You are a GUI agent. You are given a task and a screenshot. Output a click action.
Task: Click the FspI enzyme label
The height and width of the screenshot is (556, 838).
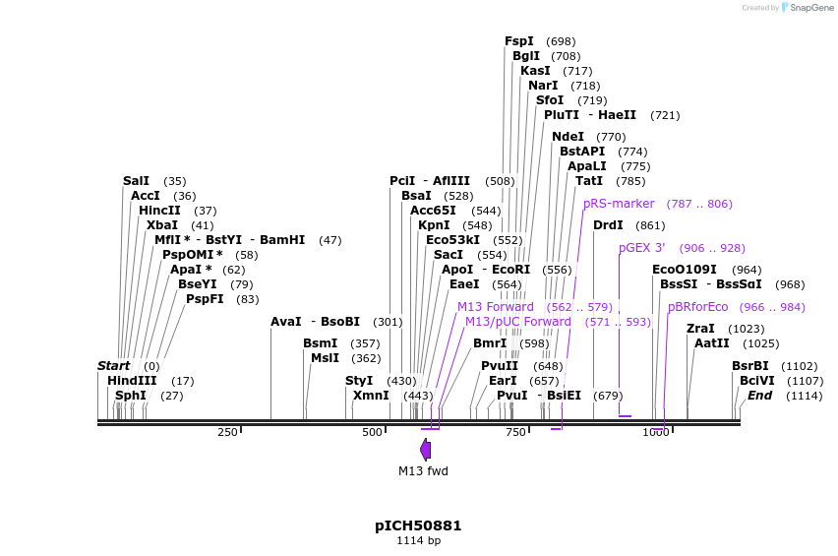(x=519, y=41)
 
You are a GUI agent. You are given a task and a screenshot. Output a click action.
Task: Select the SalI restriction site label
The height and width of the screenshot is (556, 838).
(x=136, y=181)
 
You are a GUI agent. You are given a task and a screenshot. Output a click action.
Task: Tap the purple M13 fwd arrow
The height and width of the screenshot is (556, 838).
(x=425, y=450)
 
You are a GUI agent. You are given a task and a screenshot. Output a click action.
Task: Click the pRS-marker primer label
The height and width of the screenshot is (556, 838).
(x=619, y=204)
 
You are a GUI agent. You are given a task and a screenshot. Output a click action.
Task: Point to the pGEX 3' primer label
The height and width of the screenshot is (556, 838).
(x=642, y=248)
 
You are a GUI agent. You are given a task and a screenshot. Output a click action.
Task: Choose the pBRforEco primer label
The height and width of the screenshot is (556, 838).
(x=698, y=307)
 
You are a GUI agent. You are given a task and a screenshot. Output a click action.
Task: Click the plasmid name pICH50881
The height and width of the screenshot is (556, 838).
(x=418, y=525)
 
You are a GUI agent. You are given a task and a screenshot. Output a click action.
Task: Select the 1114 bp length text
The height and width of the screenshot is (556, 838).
(x=418, y=540)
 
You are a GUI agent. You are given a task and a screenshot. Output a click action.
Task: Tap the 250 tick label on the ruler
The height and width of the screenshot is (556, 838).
(x=227, y=432)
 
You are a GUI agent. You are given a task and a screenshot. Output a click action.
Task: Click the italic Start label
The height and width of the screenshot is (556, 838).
(x=113, y=366)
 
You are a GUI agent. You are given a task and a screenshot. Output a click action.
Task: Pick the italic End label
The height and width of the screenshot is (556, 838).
(x=759, y=396)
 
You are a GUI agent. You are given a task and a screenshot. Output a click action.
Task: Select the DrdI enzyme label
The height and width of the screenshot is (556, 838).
(x=608, y=225)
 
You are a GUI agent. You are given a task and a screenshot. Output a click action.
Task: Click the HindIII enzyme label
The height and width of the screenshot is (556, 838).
(x=132, y=381)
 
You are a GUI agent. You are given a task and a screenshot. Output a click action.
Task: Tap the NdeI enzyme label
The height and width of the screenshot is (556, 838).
(x=568, y=137)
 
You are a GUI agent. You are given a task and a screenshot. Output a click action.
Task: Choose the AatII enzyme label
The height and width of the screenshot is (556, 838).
(x=711, y=343)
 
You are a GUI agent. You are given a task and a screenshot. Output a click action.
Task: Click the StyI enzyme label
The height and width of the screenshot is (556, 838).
(x=359, y=381)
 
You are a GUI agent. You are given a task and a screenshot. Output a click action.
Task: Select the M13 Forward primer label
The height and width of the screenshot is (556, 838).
(x=496, y=307)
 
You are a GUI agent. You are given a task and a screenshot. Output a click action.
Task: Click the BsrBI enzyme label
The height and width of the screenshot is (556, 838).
(x=749, y=366)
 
